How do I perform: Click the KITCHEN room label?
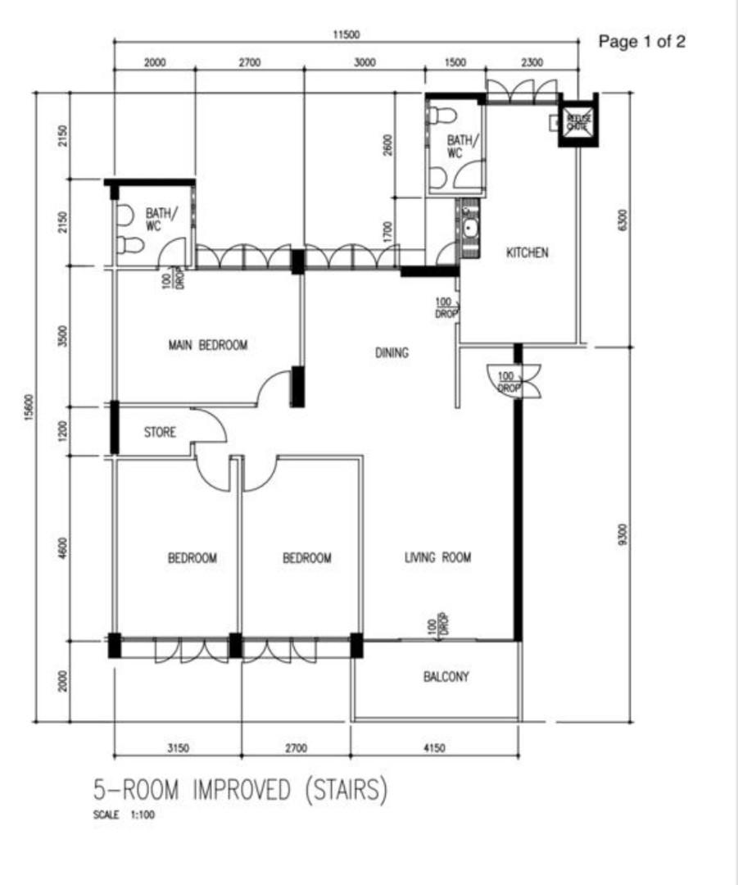tap(527, 253)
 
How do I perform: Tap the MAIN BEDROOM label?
tap(207, 346)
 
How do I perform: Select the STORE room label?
tap(160, 432)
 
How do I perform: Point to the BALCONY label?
tap(446, 677)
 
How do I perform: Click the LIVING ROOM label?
tap(438, 558)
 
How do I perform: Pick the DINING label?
tap(392, 353)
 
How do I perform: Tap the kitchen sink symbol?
tap(471, 227)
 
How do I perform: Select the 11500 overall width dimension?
tap(346, 35)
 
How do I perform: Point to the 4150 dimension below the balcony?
tap(434, 748)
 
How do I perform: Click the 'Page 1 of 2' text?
tap(642, 42)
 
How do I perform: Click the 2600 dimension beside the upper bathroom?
tap(388, 144)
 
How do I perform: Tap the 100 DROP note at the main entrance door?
tap(509, 381)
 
